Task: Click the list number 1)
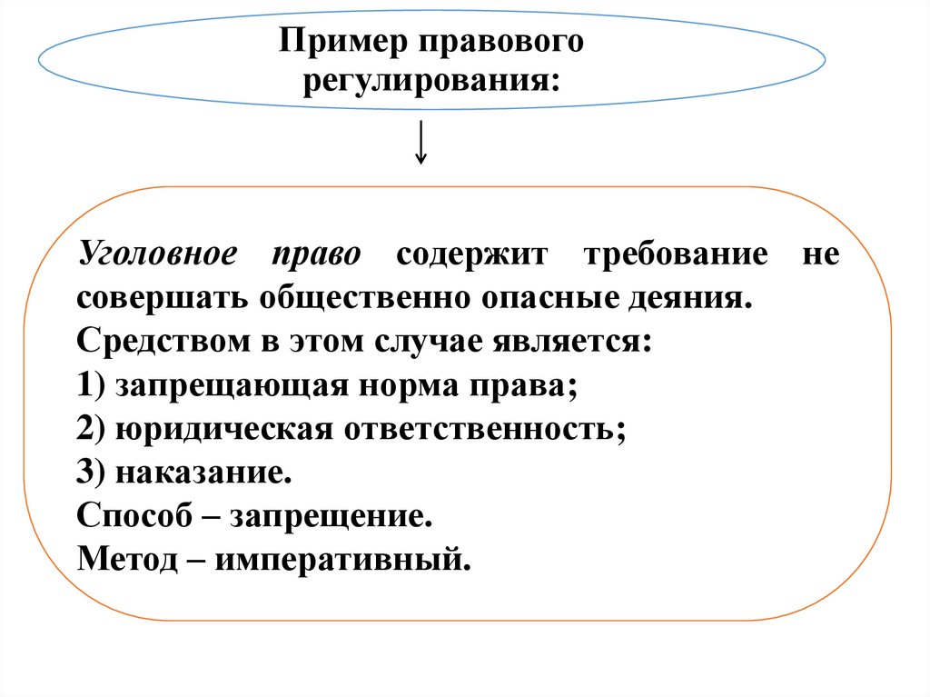click(93, 384)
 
